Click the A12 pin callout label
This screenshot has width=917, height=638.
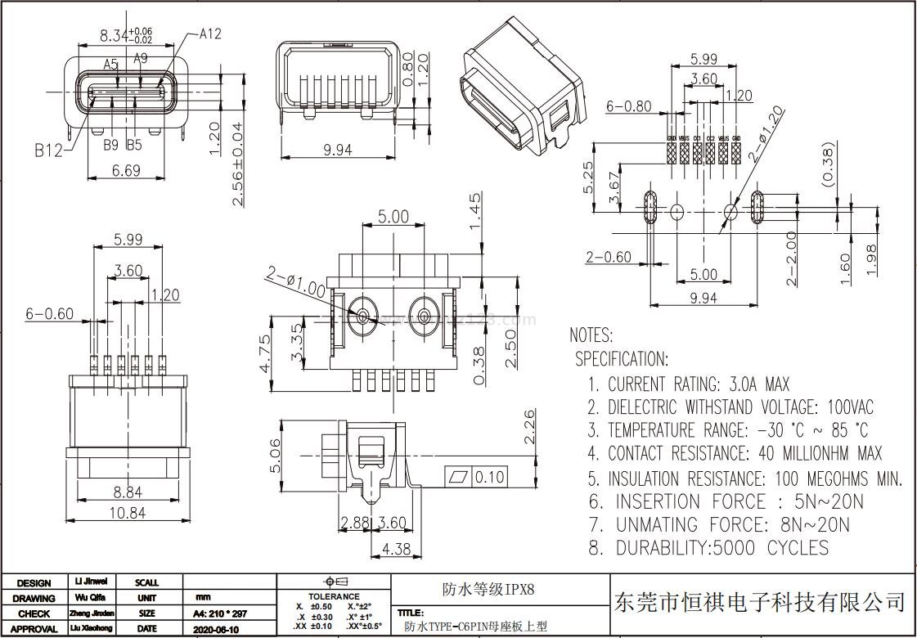click(x=210, y=34)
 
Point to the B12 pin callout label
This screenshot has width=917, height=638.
click(x=48, y=151)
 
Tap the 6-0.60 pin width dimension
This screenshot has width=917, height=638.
click(x=49, y=313)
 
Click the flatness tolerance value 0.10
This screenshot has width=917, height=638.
click(x=489, y=477)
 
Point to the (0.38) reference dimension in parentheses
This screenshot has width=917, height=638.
click(x=827, y=164)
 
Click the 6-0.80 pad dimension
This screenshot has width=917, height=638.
click(x=629, y=106)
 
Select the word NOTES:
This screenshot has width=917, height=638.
click(x=591, y=335)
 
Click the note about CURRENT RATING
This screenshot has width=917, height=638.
click(x=689, y=384)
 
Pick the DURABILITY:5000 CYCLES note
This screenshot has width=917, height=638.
click(x=708, y=548)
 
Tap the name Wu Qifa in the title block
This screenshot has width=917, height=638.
click(x=90, y=598)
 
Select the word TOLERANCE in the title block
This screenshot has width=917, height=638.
click(x=334, y=596)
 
